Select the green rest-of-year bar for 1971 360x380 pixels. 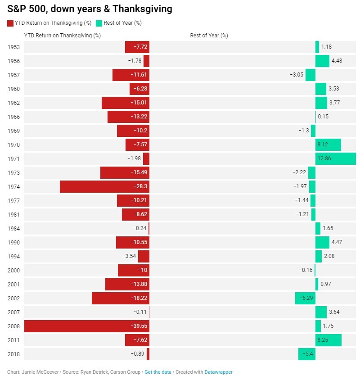(x=335, y=158)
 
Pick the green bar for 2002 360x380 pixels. (x=305, y=298)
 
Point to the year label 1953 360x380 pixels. (x=14, y=47)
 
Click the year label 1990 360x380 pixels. (x=14, y=242)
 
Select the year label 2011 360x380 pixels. (x=14, y=340)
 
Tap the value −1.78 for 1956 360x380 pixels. (x=135, y=61)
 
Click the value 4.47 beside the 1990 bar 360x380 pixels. (x=337, y=242)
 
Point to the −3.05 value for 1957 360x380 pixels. (x=297, y=75)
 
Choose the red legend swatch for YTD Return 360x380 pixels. (x=10, y=23)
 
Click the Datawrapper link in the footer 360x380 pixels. (x=218, y=372)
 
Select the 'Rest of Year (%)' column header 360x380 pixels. (x=209, y=35)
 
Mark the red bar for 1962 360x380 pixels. (x=125, y=103)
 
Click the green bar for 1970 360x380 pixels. (x=328, y=145)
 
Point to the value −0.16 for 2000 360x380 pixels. (x=306, y=270)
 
